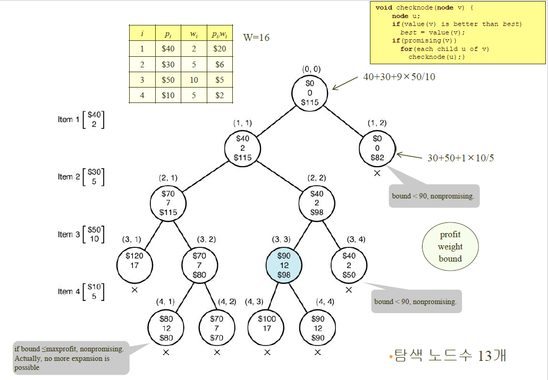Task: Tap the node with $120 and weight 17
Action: click(134, 260)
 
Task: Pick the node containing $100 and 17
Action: click(267, 323)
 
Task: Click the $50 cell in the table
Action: click(168, 80)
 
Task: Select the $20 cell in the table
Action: click(220, 49)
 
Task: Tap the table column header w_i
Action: click(193, 33)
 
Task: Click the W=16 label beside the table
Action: click(256, 37)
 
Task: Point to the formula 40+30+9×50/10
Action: click(399, 77)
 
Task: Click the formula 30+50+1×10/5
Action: click(461, 158)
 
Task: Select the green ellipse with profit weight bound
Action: click(450, 247)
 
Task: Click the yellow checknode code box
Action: click(454, 32)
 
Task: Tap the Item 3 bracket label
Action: click(81, 234)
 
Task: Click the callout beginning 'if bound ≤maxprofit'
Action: click(71, 358)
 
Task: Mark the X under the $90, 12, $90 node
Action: click(318, 352)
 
